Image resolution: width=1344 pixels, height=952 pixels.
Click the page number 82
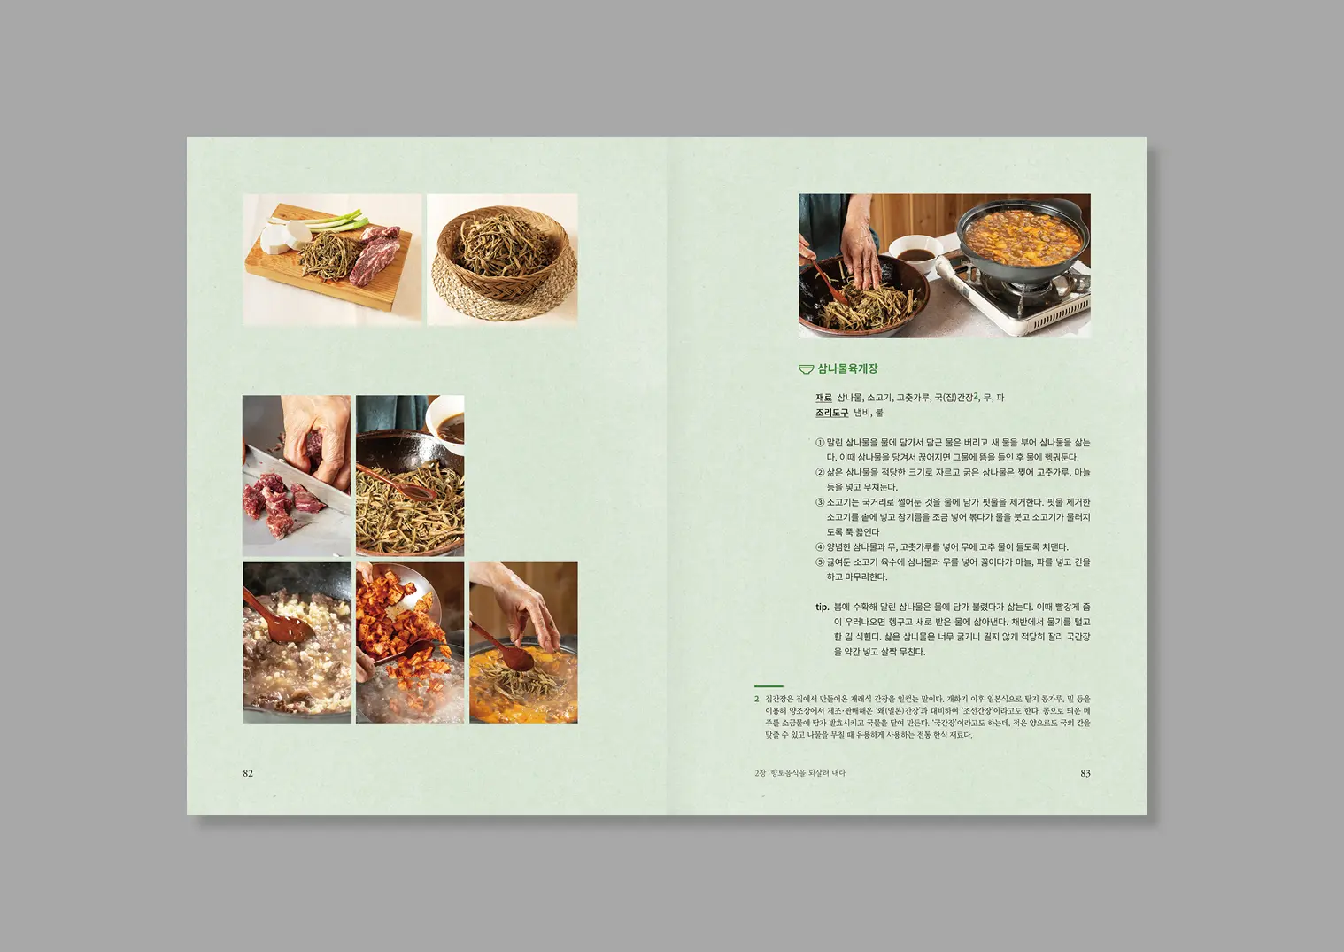tap(248, 773)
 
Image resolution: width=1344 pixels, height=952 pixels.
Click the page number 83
tap(1085, 773)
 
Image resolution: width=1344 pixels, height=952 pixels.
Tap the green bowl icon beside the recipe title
tap(806, 369)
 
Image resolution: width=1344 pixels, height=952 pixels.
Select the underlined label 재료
tap(823, 398)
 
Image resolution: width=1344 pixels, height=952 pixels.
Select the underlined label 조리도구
tap(831, 413)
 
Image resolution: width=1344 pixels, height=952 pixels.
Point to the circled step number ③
tap(820, 502)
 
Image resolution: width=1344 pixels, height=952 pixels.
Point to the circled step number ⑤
tap(820, 562)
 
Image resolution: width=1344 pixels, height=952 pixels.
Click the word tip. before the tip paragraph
tap(822, 607)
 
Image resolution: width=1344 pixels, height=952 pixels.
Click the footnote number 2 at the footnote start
tap(757, 699)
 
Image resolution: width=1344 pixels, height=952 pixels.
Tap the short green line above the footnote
tap(769, 686)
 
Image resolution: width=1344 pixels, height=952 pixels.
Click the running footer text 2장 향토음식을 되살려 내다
tap(799, 773)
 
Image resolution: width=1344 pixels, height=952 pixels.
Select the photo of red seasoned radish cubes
tap(409, 642)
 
